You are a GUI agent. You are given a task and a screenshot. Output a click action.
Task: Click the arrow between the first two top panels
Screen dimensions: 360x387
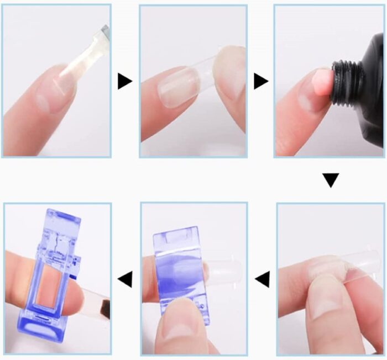(124, 82)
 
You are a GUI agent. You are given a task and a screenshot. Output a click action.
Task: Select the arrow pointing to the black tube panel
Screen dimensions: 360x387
(260, 82)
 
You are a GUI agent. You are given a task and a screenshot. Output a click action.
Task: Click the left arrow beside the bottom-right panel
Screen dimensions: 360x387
(262, 279)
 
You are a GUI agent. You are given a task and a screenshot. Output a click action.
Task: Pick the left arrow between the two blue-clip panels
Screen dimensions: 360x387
(125, 279)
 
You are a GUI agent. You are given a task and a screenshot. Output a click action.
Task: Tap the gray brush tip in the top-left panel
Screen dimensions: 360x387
(104, 33)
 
